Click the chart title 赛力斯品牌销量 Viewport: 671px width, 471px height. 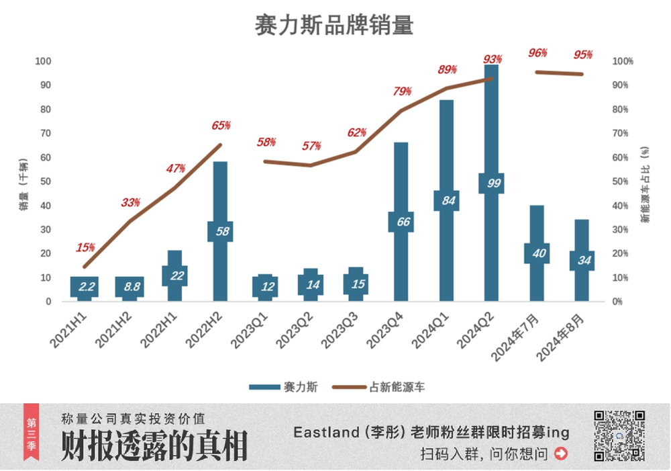334,25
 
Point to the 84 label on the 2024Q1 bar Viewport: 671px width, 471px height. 447,201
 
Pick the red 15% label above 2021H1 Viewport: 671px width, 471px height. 85,247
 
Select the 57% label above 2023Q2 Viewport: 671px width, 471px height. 311,146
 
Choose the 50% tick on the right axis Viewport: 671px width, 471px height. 622,181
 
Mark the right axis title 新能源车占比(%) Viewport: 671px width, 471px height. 646,181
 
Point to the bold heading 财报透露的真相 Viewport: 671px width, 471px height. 154,445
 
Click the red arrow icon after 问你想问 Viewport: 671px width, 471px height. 561,454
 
